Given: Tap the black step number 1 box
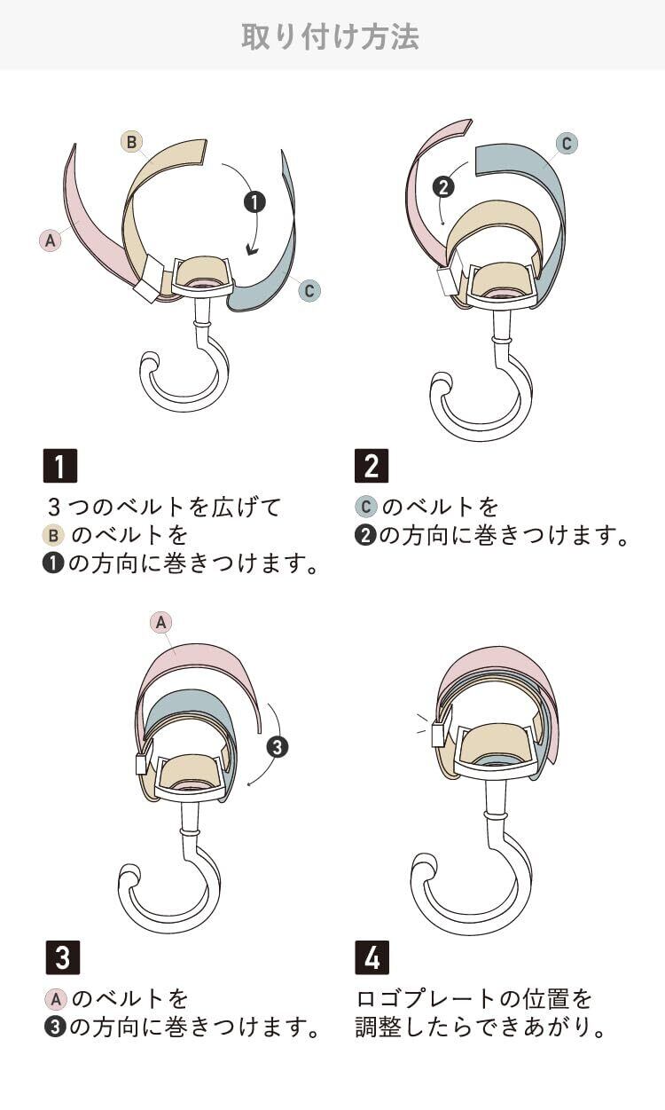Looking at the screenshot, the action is tap(60, 466).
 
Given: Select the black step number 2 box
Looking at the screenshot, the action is tap(372, 466).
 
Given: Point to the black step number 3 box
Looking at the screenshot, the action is tap(60, 958).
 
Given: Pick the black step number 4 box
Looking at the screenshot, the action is tap(372, 958).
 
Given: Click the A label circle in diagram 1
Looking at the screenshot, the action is tap(50, 240).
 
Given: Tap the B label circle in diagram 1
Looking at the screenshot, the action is tap(131, 141).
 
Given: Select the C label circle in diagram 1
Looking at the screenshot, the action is tap(309, 290).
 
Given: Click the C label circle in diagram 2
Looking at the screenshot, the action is tap(566, 144).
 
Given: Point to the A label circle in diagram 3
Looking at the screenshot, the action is tap(160, 623).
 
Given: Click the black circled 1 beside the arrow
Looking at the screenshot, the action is tap(254, 202).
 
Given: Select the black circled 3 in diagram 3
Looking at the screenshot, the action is tap(277, 747).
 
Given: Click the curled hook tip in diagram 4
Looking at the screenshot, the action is tap(422, 865).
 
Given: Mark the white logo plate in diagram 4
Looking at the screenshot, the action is tap(437, 735).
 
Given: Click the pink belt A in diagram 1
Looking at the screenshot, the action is tap(89, 213).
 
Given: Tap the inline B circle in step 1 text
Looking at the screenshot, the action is tap(53, 536).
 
